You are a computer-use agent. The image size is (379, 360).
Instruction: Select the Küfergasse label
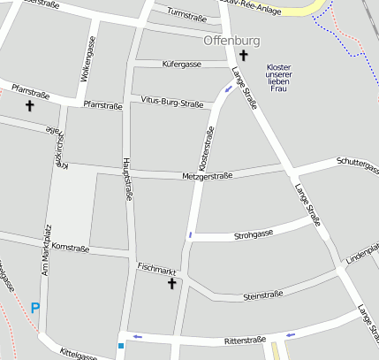[183, 65]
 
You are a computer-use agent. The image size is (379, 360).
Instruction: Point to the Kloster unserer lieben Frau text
[278, 78]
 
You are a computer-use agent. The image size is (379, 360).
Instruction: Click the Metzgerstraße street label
[207, 176]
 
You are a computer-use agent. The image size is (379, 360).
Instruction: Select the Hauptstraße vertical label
[127, 180]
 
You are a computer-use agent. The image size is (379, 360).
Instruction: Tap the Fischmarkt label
[157, 266]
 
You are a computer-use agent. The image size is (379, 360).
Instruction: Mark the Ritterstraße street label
[245, 340]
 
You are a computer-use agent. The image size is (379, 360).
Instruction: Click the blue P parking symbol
[35, 308]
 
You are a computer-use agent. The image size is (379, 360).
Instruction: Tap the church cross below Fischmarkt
[171, 283]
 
